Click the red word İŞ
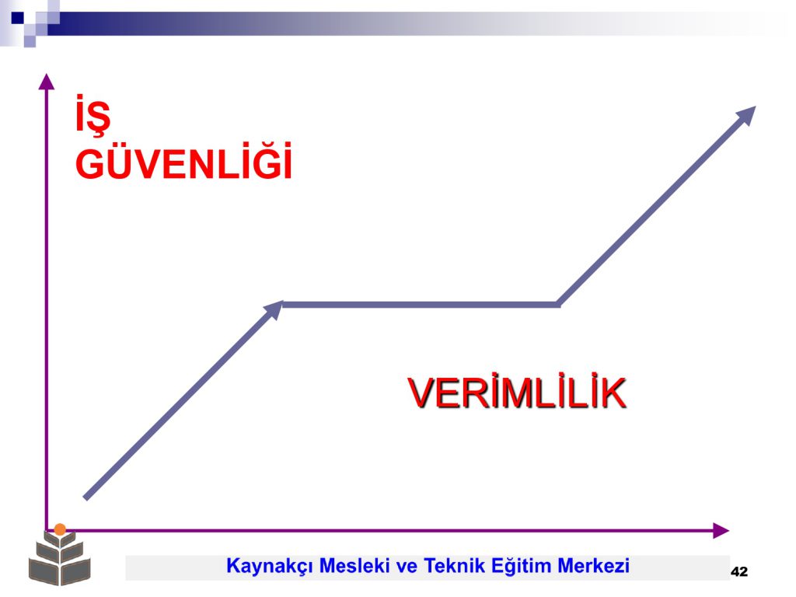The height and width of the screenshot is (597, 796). pos(93,115)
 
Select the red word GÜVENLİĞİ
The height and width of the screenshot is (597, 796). pos(183,161)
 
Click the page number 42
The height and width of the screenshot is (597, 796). pos(739,571)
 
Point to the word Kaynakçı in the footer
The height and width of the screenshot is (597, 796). pos(270,566)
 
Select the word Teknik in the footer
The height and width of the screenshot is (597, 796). pos(454,566)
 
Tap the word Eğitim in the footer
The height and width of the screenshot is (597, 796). pos(521,566)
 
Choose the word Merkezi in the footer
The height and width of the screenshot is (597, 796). pos(593,566)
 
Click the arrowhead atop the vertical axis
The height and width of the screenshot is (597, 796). pos(46,81)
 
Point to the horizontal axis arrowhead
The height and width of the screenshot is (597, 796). pos(721,530)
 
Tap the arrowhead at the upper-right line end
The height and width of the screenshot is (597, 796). pos(746,116)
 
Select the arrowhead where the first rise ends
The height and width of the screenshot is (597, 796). pos(274,309)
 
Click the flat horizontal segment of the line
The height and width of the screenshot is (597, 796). pos(421,305)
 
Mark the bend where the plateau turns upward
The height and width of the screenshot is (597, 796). pos(558,305)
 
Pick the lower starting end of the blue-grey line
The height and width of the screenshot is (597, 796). pos(86,498)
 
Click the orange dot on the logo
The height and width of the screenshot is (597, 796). pos(60,529)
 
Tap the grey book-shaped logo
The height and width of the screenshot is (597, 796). pos(59,557)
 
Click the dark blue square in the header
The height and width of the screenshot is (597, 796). pos(17,19)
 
